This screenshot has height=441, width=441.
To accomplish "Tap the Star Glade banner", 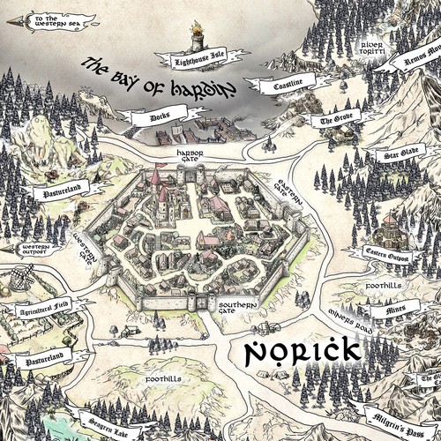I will point(392,155).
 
